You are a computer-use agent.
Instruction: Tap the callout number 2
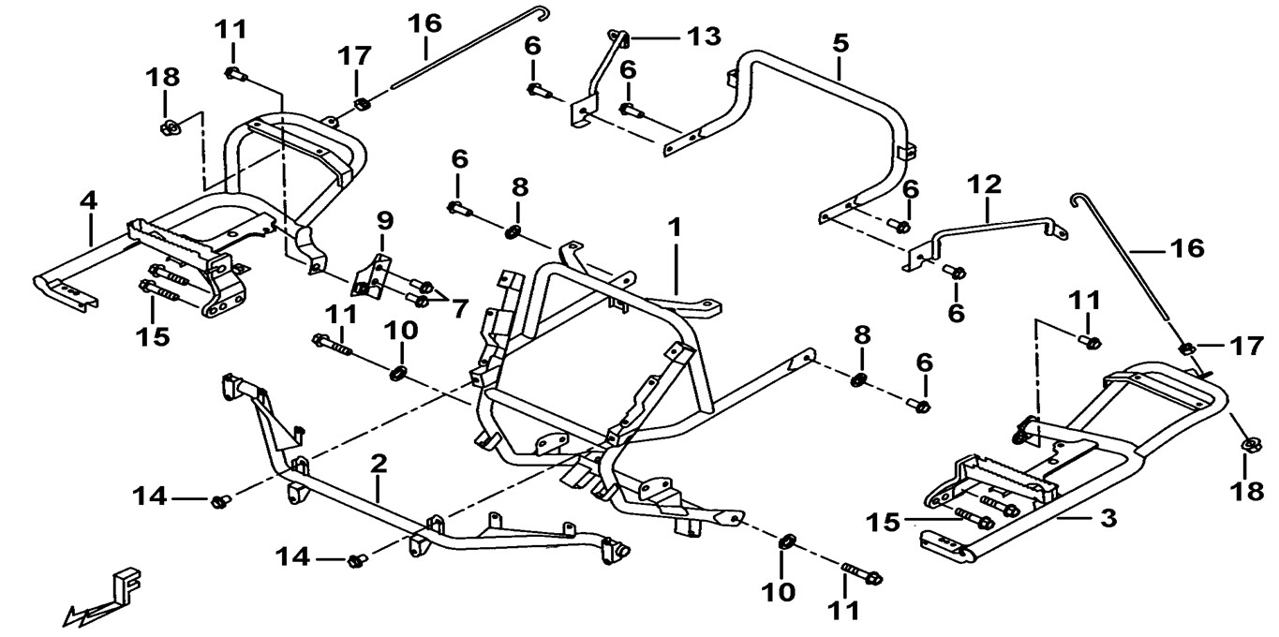(x=378, y=463)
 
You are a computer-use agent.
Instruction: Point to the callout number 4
(x=88, y=200)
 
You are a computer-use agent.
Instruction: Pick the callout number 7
(x=459, y=308)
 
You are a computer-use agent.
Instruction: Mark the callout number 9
(x=384, y=221)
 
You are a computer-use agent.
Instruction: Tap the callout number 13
(x=703, y=37)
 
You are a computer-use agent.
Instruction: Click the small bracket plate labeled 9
(x=375, y=276)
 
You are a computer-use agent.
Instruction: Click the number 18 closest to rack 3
(x=1249, y=492)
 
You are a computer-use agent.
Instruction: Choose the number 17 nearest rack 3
(x=1247, y=346)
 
